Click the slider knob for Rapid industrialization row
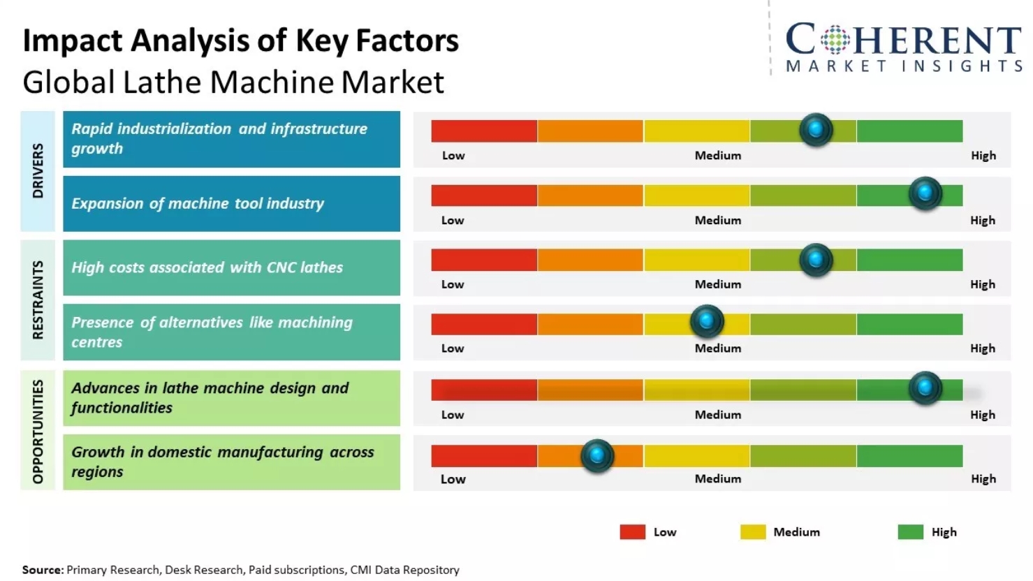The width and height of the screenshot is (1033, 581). coord(816,129)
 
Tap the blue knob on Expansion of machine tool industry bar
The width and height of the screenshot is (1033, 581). coord(925,193)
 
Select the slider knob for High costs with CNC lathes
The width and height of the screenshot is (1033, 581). coord(816,260)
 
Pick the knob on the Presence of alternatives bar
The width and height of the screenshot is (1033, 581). coord(707,321)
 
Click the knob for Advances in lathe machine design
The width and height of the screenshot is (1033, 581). coord(925,388)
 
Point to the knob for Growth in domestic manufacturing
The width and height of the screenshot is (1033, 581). coord(597,456)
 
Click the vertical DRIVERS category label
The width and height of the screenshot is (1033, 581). coord(38,171)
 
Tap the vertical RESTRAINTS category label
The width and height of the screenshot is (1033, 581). coord(38,300)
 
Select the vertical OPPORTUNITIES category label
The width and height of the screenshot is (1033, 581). coord(38,431)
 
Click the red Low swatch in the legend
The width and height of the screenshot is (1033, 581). coord(632,532)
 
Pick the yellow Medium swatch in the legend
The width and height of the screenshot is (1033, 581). coord(753,532)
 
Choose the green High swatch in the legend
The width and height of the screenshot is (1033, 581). coord(910,532)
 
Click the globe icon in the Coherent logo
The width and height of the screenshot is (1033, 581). coord(835,40)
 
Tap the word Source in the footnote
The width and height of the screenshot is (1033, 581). coord(42,570)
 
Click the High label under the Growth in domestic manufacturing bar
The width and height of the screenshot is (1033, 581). coord(983,479)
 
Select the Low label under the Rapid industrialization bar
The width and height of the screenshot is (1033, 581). coord(453,156)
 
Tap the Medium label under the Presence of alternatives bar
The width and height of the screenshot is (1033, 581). coord(717,348)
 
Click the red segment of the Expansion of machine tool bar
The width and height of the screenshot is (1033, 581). coord(484,196)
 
